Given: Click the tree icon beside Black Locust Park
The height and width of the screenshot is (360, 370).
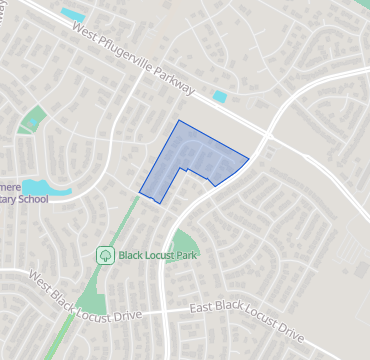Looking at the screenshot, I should [105, 255].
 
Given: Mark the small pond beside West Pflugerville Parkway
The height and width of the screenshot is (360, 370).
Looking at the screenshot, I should [220, 97].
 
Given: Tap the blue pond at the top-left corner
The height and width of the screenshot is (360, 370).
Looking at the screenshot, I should [72, 14].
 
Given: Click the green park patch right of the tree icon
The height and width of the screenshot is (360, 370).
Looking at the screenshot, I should [185, 243].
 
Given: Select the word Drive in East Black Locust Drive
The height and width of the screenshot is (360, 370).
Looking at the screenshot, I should [287, 329].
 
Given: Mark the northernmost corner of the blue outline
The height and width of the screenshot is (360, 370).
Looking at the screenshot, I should [179, 121].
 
